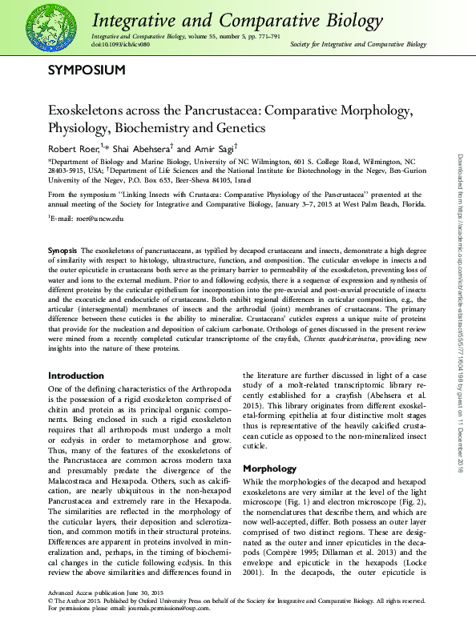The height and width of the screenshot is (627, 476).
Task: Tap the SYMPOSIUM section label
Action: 87,70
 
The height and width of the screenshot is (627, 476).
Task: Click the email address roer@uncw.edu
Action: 96,218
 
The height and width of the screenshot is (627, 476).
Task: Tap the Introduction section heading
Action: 76,375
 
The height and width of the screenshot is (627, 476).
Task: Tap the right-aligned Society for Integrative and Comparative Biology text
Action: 357,45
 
